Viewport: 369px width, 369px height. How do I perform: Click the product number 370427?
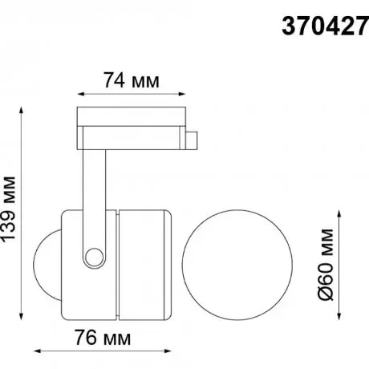(x=325, y=26)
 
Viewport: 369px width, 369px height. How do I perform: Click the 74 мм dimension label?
(x=132, y=80)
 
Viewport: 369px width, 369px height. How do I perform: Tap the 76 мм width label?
(x=103, y=338)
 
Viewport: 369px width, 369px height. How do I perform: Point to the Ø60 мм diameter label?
(x=326, y=265)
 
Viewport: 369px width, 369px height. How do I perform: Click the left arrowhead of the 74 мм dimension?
(x=81, y=94)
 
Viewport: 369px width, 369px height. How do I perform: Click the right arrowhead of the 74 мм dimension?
(x=182, y=94)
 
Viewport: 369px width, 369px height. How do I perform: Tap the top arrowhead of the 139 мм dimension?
(x=22, y=111)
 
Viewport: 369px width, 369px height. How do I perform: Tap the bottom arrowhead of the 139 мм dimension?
(x=22, y=316)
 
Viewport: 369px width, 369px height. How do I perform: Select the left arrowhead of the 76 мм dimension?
(x=38, y=351)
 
